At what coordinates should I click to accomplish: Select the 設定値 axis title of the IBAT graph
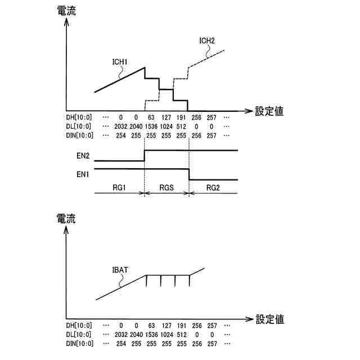(269, 319)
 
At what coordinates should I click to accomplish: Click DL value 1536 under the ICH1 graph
(150, 127)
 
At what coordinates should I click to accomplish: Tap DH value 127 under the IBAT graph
(165, 325)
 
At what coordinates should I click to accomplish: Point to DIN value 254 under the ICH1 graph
(120, 136)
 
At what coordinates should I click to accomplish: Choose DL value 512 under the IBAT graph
(180, 334)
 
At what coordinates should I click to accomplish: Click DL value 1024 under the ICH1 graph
(165, 127)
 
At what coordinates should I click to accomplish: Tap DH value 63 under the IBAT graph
(150, 325)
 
